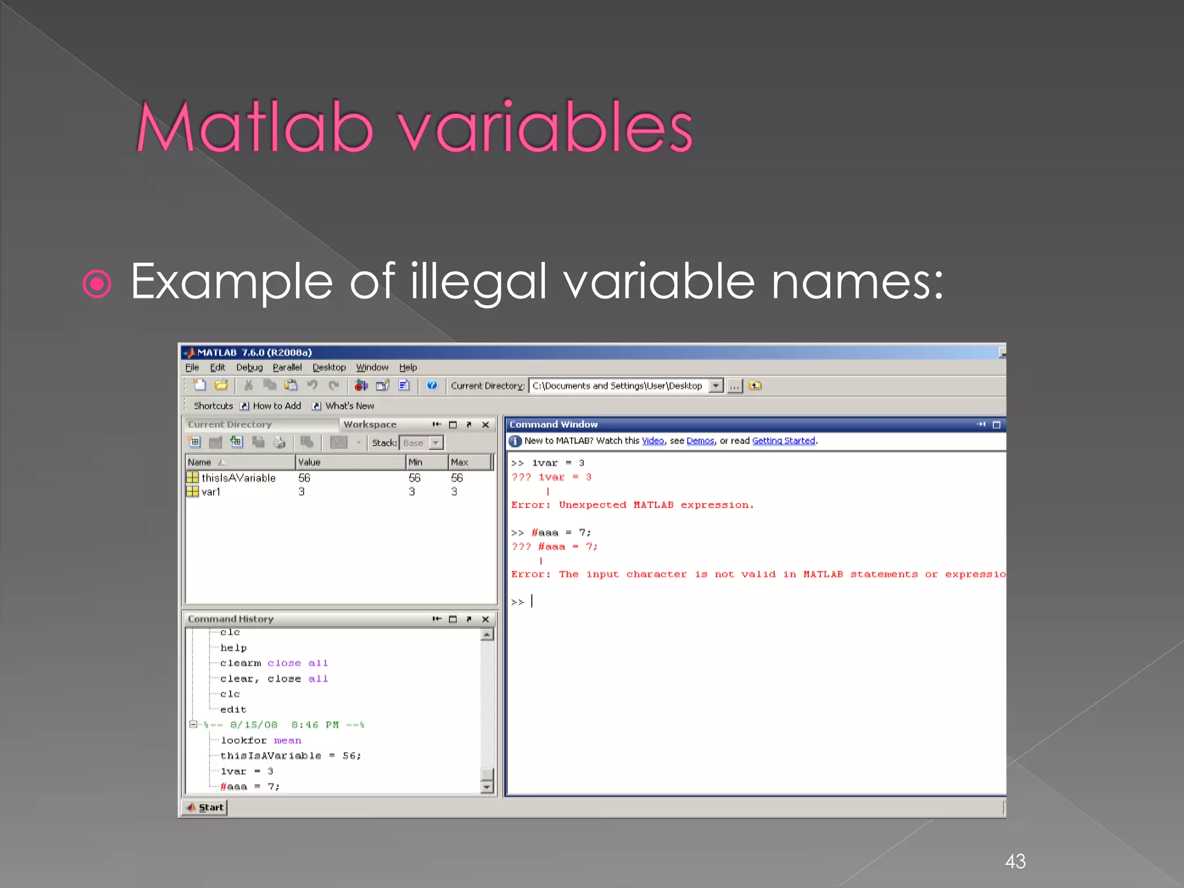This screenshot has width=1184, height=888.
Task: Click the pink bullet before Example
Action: point(97,284)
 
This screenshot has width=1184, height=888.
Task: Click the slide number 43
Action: point(1015,861)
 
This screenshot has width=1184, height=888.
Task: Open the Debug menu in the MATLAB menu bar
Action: point(249,368)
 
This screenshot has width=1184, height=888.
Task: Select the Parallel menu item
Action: point(287,368)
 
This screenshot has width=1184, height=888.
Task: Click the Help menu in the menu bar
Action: point(408,368)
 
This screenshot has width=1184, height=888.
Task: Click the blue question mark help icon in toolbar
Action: point(432,386)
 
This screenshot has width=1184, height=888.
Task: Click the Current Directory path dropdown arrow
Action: point(716,386)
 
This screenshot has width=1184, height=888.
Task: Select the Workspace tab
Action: point(370,424)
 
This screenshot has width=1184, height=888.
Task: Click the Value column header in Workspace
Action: point(309,462)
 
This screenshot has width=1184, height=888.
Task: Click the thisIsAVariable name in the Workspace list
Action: point(238,478)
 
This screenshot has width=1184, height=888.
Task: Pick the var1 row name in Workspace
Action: point(210,492)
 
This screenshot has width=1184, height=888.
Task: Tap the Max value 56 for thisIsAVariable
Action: point(457,478)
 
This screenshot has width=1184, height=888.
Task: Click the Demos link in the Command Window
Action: point(700,441)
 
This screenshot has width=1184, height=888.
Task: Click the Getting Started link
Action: point(783,441)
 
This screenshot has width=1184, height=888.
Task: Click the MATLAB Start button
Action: point(205,808)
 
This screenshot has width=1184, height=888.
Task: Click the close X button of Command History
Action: point(486,619)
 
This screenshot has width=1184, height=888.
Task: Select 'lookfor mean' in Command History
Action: point(261,741)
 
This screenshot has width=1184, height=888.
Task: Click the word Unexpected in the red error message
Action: point(592,505)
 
